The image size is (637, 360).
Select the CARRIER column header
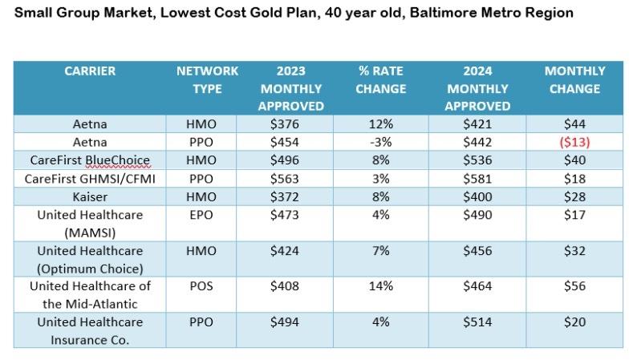point(90,71)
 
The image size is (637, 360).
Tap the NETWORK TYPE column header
point(207,79)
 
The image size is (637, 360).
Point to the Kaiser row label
point(90,196)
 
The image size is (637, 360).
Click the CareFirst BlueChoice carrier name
point(90,160)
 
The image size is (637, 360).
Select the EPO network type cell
point(207,214)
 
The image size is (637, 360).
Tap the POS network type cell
point(207,285)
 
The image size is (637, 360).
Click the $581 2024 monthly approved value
point(477,178)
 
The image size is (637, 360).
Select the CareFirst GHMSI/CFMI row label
point(90,178)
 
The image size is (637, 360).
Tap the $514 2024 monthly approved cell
point(477,322)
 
